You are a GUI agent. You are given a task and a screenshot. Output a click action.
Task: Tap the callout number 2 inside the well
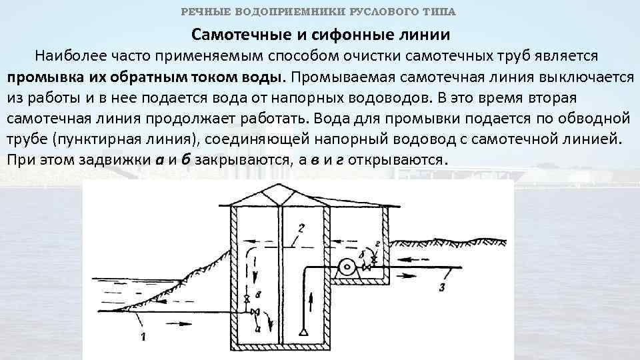pyautogui.click(x=301, y=229)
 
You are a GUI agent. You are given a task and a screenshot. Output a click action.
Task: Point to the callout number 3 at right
pyautogui.click(x=442, y=287)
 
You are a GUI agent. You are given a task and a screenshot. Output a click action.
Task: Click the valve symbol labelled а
pyautogui.click(x=255, y=312)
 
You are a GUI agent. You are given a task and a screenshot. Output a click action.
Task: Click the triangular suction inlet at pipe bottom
pyautogui.click(x=304, y=331)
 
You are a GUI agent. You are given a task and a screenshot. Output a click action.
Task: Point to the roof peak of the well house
pyautogui.click(x=281, y=187)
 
